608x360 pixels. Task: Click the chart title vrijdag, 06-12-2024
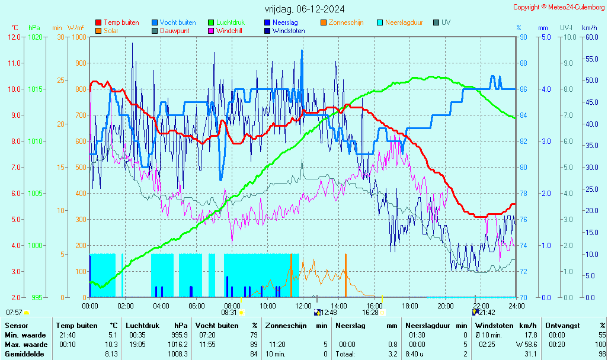tap(304, 9)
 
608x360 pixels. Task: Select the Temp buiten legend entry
tap(121, 22)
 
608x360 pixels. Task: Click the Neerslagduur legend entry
tap(404, 22)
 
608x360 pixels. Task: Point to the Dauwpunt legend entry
tap(174, 31)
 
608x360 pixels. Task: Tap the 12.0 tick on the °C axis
tap(14, 37)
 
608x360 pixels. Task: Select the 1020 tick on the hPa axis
tap(35, 37)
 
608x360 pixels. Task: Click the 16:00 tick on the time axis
tap(374, 306)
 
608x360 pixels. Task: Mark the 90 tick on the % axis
tap(523, 37)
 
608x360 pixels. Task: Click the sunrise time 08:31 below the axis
tap(229, 313)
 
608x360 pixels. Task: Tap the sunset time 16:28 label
tap(370, 313)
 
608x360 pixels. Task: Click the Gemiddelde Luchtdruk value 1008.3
tap(177, 354)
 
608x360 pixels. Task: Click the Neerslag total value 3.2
tap(392, 354)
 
